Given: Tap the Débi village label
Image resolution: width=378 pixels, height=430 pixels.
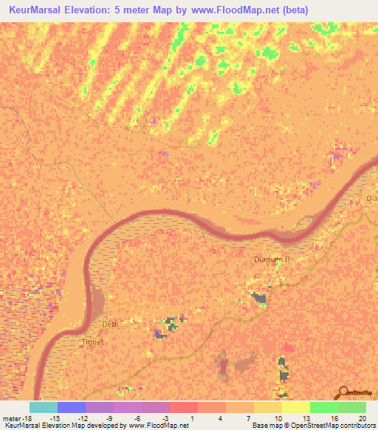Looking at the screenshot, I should point(110,324).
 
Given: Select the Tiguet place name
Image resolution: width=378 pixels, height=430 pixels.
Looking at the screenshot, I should point(93,341).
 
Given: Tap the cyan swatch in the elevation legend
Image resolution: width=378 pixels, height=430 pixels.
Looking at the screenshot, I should point(44,407).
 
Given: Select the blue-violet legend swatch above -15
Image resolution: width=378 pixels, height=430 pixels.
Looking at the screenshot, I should point(72,407).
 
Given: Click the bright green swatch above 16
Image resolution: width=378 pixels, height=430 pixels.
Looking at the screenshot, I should point(324,407).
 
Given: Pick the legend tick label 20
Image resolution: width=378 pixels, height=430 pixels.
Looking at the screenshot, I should point(362,418).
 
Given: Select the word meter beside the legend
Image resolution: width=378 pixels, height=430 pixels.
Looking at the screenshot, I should point(13,418).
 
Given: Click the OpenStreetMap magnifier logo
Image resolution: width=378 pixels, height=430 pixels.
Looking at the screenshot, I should point(342,392).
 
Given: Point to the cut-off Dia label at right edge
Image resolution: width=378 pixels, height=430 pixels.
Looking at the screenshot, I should point(371,199).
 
